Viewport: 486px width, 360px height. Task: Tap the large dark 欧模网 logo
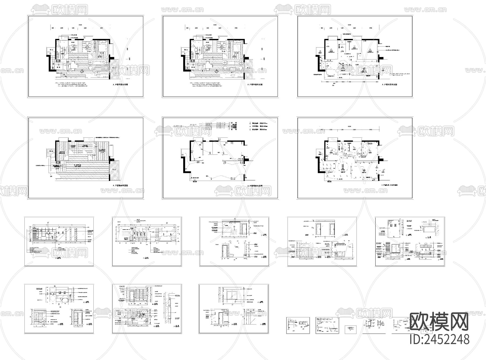point(439,322)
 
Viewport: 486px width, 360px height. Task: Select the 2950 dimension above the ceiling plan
point(371,28)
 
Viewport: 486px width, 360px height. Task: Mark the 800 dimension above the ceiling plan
point(322,28)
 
